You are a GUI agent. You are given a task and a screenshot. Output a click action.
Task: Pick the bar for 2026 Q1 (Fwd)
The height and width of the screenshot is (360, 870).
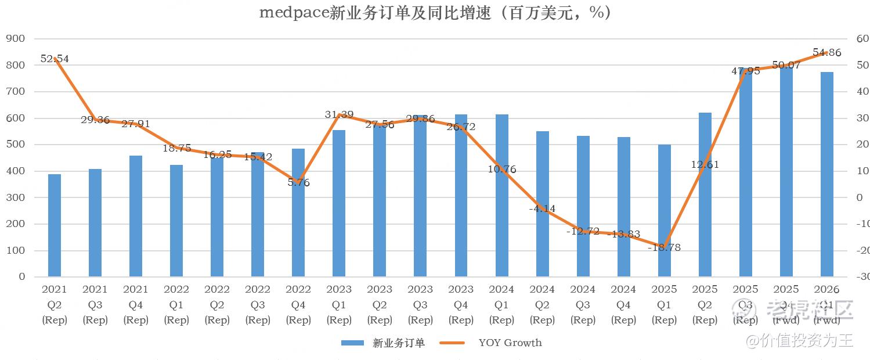point(826,174)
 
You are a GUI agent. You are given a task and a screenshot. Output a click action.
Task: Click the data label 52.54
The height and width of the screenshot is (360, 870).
point(55,59)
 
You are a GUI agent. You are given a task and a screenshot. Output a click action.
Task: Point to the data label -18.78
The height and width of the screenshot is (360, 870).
point(665,247)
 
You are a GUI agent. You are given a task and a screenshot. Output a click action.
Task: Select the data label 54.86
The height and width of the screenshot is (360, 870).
point(827,53)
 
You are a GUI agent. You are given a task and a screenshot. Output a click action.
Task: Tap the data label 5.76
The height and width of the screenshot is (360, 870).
point(299,183)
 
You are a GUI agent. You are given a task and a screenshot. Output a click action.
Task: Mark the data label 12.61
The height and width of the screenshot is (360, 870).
point(705,164)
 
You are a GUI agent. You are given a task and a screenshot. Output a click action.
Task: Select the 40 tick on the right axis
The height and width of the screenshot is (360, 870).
point(862,92)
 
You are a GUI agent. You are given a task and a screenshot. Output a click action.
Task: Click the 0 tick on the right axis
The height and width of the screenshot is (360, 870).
point(860,197)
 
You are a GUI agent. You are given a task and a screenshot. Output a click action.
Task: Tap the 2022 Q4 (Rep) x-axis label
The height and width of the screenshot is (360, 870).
point(298,304)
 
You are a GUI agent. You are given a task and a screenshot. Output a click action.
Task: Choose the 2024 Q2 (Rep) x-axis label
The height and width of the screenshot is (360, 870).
point(542,304)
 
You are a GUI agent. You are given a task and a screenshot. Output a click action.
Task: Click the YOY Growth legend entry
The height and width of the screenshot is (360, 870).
point(510,343)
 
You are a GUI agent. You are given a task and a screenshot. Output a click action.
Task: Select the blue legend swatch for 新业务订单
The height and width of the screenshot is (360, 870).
point(352,343)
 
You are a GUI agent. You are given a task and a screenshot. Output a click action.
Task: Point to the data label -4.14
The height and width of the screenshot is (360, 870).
point(543,208)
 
